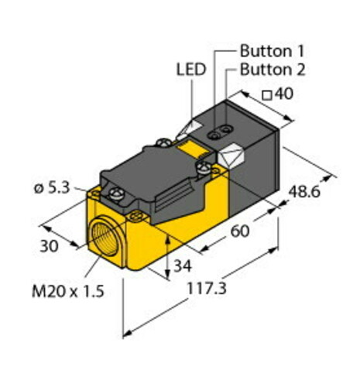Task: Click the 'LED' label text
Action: point(191,70)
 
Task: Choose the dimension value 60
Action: point(242,231)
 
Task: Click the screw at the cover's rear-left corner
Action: point(165,142)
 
